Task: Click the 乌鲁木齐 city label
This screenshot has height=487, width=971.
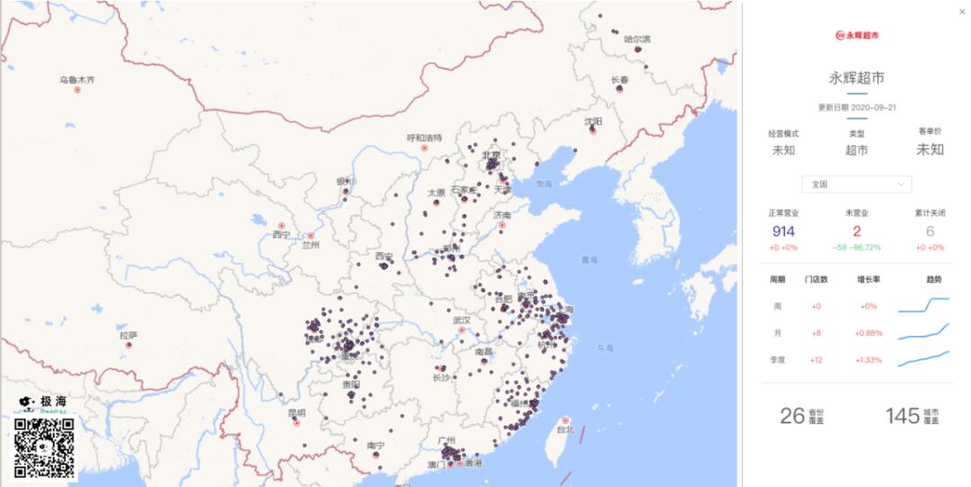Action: click(77, 80)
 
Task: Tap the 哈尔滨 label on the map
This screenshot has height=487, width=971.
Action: click(637, 40)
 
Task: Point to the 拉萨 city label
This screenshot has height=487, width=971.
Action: click(129, 335)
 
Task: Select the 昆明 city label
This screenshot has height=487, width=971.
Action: click(296, 413)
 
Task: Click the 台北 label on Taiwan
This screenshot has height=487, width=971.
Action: click(566, 430)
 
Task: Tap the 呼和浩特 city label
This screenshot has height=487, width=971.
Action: click(424, 137)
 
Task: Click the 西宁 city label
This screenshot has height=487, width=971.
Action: click(281, 235)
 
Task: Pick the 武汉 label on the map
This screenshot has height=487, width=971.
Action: click(462, 320)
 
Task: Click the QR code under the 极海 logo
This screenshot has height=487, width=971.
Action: click(43, 447)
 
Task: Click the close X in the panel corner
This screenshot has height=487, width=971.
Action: click(963, 12)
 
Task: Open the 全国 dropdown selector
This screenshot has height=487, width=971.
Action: click(857, 184)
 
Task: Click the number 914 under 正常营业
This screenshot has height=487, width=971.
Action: click(783, 232)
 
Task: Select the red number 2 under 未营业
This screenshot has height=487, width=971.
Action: click(857, 232)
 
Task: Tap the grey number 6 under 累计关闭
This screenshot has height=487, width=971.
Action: click(930, 232)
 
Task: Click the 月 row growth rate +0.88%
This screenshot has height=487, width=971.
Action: click(869, 333)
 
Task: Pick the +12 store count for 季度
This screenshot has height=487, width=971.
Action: click(816, 360)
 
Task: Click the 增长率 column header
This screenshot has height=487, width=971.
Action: click(869, 279)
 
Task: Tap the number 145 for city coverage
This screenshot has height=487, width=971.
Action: click(902, 415)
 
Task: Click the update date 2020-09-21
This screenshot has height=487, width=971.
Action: click(873, 107)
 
